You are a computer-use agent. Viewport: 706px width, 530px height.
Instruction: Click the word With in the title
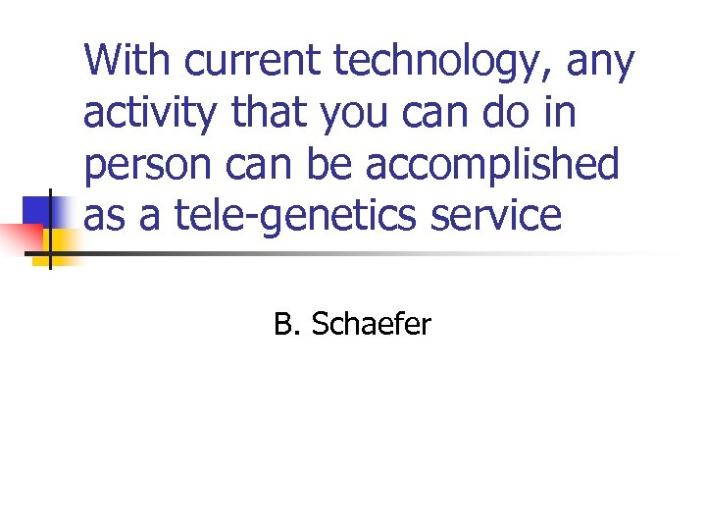tap(126, 61)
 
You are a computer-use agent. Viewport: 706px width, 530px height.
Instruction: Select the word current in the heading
tap(254, 62)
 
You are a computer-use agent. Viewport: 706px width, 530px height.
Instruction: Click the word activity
tap(151, 115)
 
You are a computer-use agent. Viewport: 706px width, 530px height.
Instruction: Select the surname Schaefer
tap(371, 324)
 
